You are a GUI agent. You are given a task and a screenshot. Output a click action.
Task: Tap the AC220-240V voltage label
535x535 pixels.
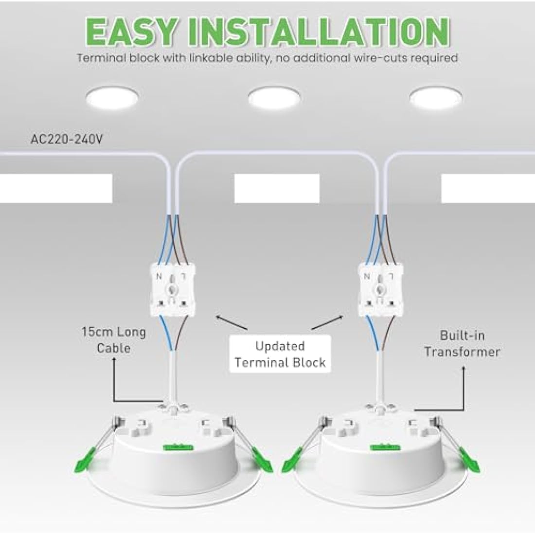coord(67,140)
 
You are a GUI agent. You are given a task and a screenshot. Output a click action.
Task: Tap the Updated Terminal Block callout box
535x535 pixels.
coord(280,354)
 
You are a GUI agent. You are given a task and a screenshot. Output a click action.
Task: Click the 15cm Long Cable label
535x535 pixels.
coord(114,340)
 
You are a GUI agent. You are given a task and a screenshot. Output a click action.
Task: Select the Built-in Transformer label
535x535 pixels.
coord(462,343)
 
